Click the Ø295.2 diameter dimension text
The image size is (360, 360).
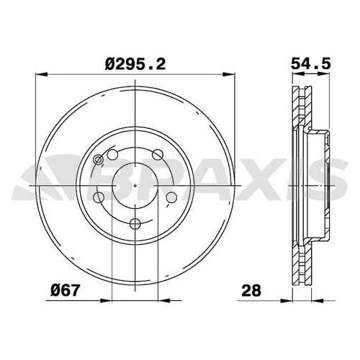(136, 64)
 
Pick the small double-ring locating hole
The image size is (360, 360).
(99, 161)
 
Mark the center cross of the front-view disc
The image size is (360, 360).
(136, 185)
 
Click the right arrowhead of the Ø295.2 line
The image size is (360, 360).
(232, 74)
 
